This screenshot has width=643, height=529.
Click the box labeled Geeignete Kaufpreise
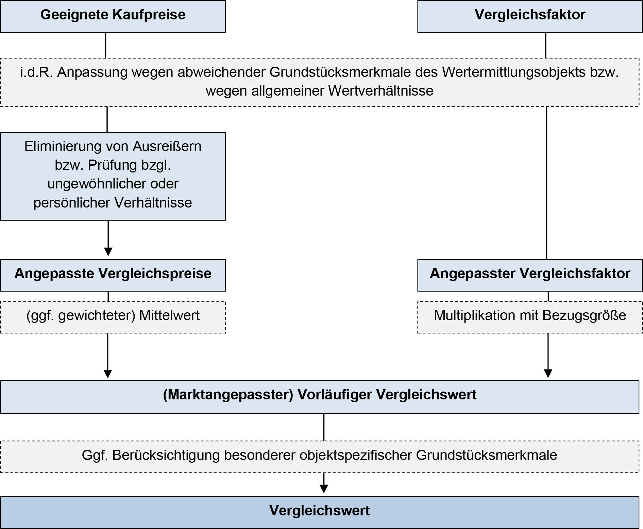click(113, 16)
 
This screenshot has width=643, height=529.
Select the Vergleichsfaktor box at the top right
click(530, 16)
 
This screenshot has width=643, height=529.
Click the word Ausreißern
click(167, 147)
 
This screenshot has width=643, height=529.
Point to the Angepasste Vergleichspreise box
click(113, 275)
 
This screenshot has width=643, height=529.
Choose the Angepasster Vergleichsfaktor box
click(530, 275)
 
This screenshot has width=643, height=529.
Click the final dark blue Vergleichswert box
click(319, 512)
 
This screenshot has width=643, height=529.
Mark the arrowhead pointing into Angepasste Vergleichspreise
click(108, 252)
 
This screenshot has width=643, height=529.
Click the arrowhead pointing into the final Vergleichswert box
click(324, 489)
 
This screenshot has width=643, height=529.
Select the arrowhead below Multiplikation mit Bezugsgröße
click(548, 374)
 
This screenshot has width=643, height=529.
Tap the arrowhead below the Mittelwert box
click(107, 374)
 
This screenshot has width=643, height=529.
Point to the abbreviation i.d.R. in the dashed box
click(36, 72)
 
